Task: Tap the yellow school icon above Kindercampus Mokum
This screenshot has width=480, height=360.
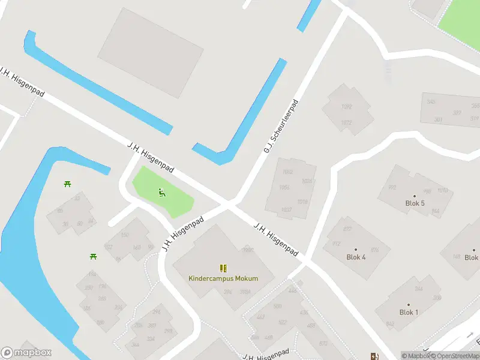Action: coord(223,268)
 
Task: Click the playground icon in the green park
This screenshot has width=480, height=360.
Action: coord(161,193)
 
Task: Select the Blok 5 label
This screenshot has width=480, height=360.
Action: coord(415,203)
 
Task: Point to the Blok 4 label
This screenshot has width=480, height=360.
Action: coord(356,257)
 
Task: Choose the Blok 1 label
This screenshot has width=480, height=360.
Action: coord(409,313)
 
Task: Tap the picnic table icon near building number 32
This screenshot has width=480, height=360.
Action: coord(68,183)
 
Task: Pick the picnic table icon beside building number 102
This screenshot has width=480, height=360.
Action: coord(94,256)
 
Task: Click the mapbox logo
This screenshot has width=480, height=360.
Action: coord(26,353)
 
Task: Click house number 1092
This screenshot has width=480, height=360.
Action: coord(346,107)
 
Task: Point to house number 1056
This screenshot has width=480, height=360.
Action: coord(284,187)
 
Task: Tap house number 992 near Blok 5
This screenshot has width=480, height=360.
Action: coord(392,187)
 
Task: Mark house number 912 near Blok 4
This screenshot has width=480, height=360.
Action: coord(336,244)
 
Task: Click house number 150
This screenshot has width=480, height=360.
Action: coord(125,235)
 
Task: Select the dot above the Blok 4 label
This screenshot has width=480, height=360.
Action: coord(356,249)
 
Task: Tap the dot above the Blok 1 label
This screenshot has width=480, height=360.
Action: coord(409,305)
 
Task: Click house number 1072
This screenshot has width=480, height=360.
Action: coord(346,123)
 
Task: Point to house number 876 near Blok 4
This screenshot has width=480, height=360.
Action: coord(375,250)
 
